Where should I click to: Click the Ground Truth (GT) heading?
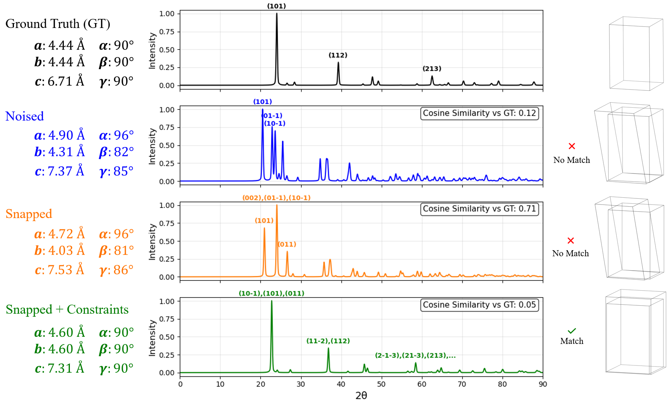pos(58,24)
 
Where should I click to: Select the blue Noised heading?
pos(25,116)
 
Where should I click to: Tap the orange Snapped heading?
pos(29,214)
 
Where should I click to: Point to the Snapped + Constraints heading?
pos(67,310)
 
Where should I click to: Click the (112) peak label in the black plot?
pos(338,55)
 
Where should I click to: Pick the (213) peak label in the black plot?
pos(432,69)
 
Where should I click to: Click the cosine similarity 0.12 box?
pos(479,113)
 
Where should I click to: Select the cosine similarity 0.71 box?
pos(479,209)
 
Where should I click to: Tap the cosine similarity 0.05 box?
pos(479,305)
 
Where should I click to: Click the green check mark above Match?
pos(572,331)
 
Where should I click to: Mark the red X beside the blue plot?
pos(572,146)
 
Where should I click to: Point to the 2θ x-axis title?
pos(361,395)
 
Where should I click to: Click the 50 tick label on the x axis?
pos(381,384)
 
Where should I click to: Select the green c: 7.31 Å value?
pos(60,368)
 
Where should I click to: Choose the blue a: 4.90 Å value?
pos(60,135)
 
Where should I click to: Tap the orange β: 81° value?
pos(116,251)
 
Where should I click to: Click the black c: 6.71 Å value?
pos(60,81)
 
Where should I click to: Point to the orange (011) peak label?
pos(287,245)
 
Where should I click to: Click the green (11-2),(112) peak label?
pos(328,341)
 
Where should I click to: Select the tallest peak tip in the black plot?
pos(277,14)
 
